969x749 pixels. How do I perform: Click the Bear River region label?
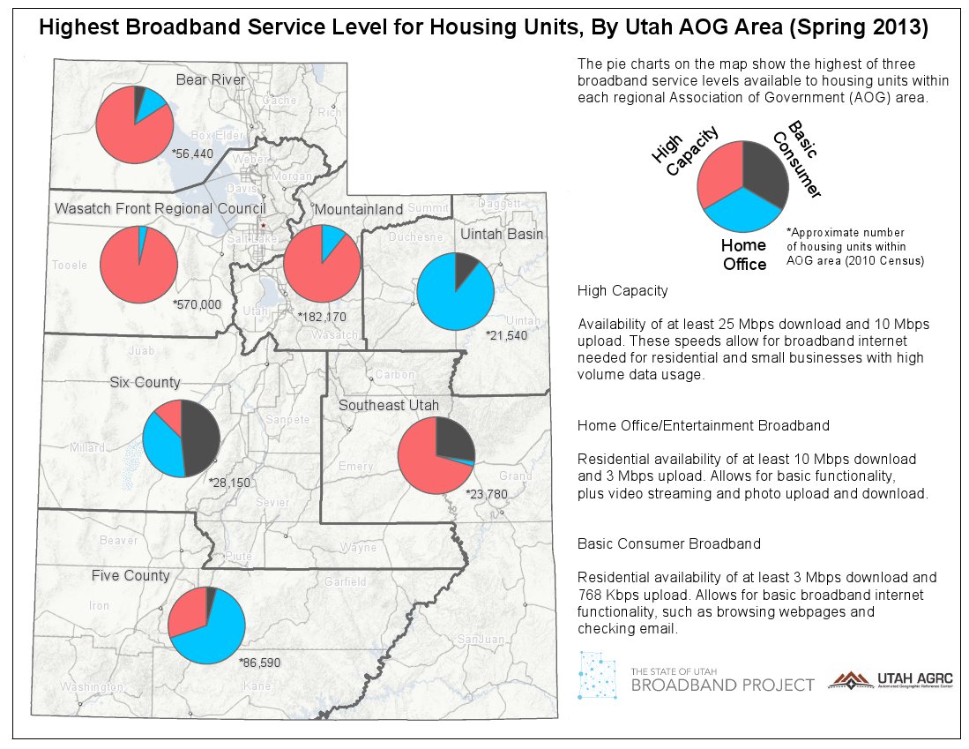[x=210, y=80]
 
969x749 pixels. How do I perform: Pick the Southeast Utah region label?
[x=390, y=405]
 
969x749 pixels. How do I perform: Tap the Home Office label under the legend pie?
[x=743, y=254]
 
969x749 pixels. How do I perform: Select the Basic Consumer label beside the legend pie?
[x=795, y=159]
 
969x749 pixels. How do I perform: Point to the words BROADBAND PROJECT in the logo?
[x=722, y=685]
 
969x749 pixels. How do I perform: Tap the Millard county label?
[x=88, y=447]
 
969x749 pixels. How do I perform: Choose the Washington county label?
[x=92, y=686]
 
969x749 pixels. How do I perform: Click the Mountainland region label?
[x=358, y=209]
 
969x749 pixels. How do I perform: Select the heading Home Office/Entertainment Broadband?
[x=703, y=425]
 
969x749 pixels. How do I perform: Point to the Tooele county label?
[x=70, y=265]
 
